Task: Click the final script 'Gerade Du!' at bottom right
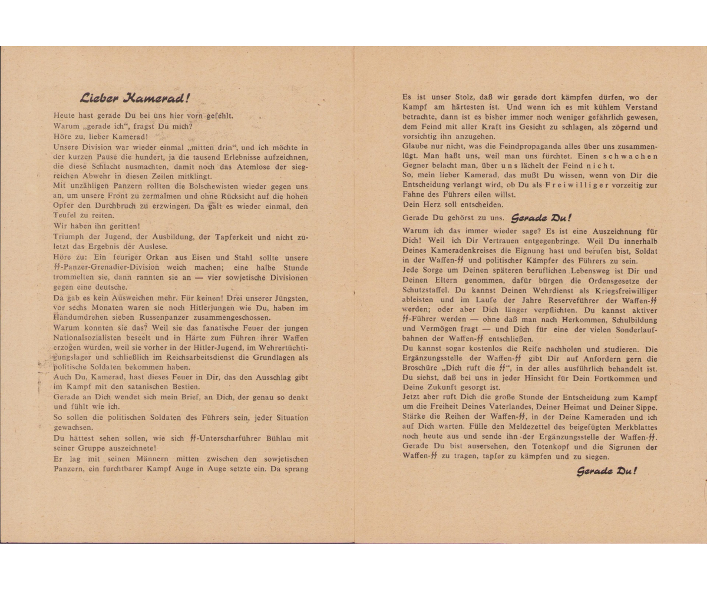pyautogui.click(x=606, y=471)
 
